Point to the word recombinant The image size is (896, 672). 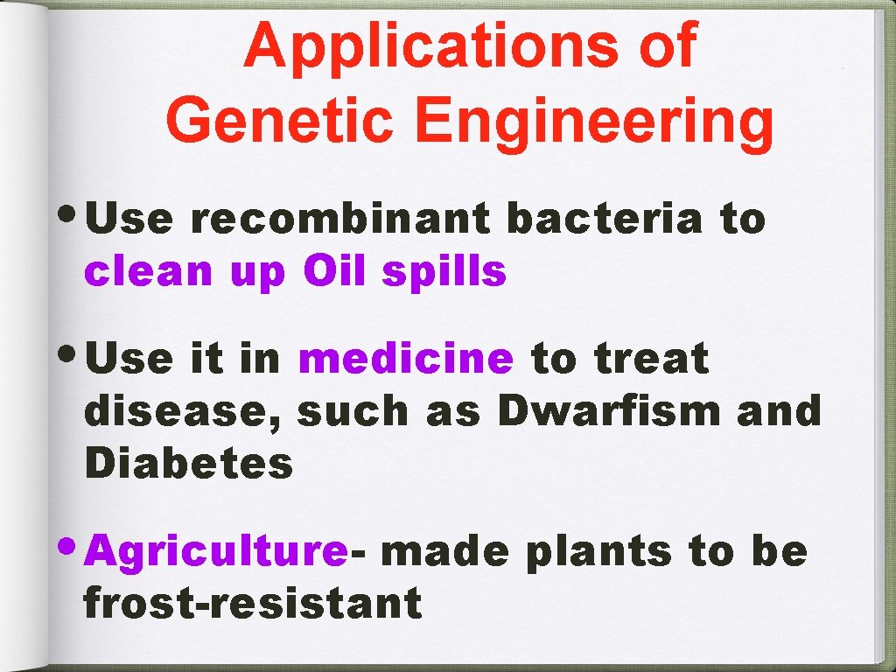click(340, 220)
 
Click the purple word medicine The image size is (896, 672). click(405, 359)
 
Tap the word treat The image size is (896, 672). click(651, 359)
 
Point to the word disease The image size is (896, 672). click(182, 412)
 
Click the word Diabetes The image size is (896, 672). click(189, 464)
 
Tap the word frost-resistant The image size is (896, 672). click(253, 604)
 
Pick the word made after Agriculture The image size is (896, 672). click(444, 552)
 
